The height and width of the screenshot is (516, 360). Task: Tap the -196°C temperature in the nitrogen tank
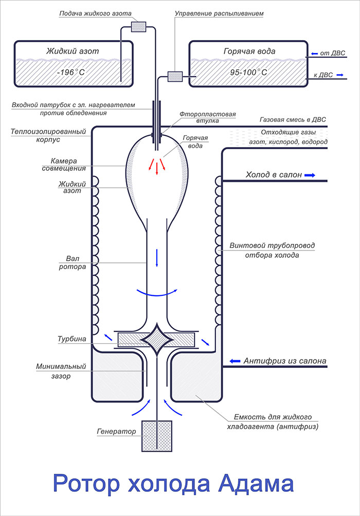[x=71, y=72]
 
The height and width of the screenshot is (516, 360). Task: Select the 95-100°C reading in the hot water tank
[x=249, y=72]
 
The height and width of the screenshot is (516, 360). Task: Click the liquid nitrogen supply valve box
[x=138, y=27]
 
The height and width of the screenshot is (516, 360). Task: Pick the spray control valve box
[x=175, y=76]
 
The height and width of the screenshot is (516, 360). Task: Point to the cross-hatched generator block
[x=157, y=436]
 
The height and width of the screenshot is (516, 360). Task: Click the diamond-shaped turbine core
[x=157, y=340]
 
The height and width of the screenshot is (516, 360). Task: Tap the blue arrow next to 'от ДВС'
[x=315, y=54]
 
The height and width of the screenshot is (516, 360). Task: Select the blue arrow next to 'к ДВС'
[x=340, y=75]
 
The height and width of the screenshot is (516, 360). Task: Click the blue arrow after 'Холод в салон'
[x=310, y=175]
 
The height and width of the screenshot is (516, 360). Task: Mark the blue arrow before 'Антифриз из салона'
[x=235, y=361]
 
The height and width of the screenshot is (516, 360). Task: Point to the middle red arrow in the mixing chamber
[x=157, y=168]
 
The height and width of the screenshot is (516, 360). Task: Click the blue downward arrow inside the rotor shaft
[x=157, y=258]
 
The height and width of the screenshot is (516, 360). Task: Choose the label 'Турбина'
[x=71, y=339]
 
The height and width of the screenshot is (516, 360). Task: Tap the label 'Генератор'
[x=117, y=432]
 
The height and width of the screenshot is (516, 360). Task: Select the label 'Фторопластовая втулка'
[x=208, y=117]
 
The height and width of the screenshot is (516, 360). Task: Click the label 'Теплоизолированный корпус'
[x=48, y=135]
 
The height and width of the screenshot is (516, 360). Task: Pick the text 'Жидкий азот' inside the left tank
[x=73, y=51]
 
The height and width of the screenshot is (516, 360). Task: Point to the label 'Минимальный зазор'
[x=61, y=371]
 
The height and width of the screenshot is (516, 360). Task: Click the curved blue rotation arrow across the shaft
[x=157, y=295]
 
